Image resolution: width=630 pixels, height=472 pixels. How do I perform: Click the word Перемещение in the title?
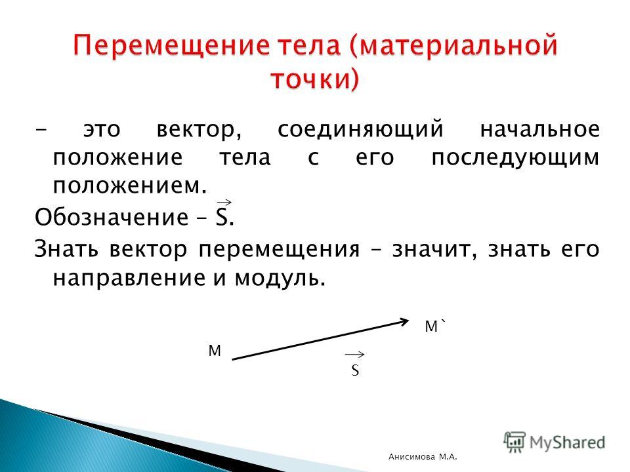[171, 46]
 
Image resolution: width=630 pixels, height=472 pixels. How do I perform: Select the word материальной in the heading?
[453, 47]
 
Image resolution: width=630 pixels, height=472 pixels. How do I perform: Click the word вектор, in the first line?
[199, 130]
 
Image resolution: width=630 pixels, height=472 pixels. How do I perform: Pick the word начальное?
[539, 129]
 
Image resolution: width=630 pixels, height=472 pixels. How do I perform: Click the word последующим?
[516, 159]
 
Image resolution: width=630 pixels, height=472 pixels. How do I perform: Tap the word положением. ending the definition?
[130, 186]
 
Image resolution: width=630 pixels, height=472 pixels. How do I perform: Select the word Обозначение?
[112, 217]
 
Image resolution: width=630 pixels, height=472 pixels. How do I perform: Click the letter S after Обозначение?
[222, 217]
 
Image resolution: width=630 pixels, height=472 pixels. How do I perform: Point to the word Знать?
[66, 249]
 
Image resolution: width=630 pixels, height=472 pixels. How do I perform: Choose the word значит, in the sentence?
[434, 250]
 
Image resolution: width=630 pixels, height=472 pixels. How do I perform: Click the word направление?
[130, 278]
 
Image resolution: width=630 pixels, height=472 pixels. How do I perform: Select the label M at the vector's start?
[215, 351]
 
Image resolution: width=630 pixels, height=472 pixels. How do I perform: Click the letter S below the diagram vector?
[355, 370]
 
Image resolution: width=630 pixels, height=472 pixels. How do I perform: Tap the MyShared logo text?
[567, 442]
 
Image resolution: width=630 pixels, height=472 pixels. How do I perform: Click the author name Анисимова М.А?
[423, 456]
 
